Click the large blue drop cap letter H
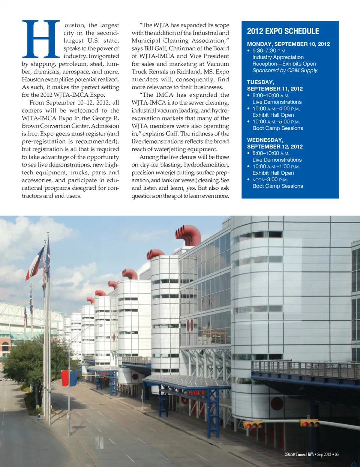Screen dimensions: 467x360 (x=41, y=39)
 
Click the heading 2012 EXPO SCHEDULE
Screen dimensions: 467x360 (x=283, y=32)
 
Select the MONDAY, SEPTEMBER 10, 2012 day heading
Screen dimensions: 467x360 (x=288, y=44)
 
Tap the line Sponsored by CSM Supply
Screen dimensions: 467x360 (x=285, y=71)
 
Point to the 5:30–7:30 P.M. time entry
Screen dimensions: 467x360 (x=269, y=51)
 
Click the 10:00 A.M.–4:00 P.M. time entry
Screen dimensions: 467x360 (x=276, y=109)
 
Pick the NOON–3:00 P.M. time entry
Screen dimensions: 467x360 (x=270, y=180)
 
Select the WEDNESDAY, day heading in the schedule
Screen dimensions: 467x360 (x=265, y=140)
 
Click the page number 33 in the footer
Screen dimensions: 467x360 (x=337, y=455)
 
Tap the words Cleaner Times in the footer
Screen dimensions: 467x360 (x=295, y=455)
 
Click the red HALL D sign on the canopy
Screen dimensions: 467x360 (x=196, y=393)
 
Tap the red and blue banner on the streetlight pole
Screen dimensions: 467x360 (x=69, y=378)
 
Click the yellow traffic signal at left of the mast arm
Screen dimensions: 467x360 (x=253, y=425)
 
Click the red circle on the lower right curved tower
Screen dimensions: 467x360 (x=277, y=404)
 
